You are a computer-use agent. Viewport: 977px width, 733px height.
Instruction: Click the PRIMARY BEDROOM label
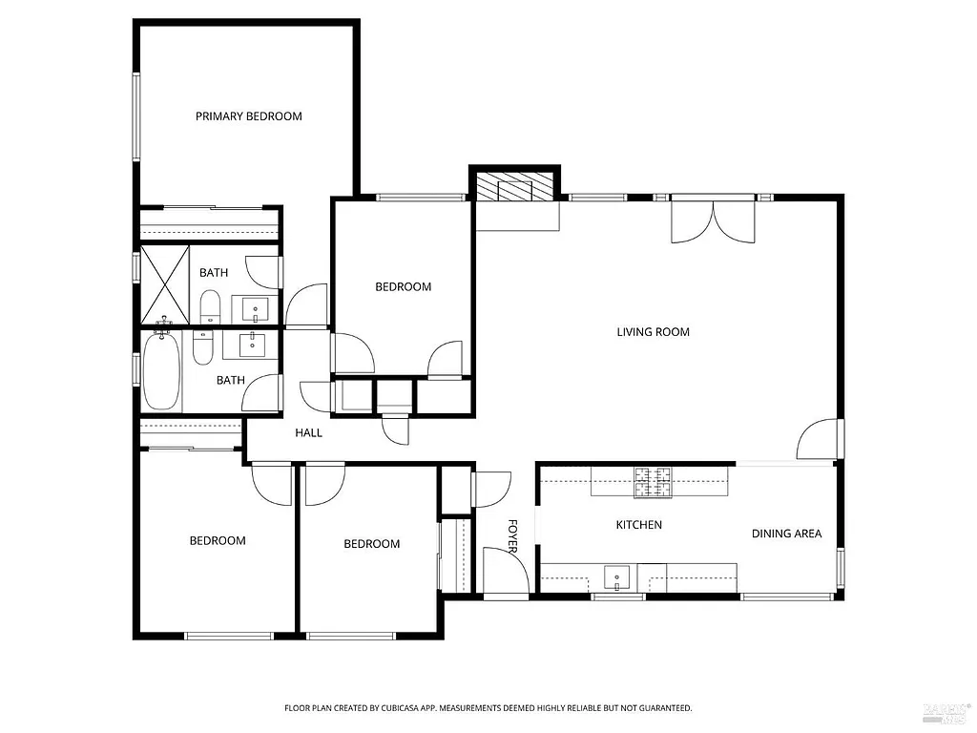coord(248,116)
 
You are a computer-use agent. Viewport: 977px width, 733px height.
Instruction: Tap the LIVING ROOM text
coord(653,332)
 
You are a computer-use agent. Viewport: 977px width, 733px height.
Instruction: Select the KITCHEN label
coord(638,525)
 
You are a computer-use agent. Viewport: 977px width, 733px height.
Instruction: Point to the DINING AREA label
coord(786,534)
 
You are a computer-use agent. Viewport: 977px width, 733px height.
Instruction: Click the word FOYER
coord(512,536)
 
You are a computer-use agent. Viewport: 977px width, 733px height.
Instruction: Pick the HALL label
coord(308,433)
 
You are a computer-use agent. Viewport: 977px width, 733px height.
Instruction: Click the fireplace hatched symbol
coord(515,188)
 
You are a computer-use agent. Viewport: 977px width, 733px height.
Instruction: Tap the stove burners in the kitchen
coord(654,482)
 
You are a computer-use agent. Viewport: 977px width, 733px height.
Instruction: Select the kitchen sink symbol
coord(618,576)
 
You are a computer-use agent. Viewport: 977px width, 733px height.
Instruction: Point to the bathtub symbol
coord(162,372)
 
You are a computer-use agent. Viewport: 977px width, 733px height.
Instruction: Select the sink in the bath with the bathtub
coord(254,345)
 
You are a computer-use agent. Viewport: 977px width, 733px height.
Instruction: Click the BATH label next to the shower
coord(214,273)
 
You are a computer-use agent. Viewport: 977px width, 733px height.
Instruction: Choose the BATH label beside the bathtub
coord(230,380)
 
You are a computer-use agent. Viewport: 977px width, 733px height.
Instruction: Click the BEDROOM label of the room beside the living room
coord(403,286)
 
